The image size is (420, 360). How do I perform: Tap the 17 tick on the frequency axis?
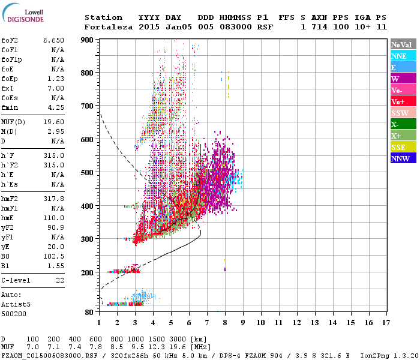pos(388,323)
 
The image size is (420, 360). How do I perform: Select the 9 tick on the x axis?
pos(243,323)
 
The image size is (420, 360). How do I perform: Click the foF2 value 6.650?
pos(53,40)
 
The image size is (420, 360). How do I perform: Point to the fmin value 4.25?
pos(55,107)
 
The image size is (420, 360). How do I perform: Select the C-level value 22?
pos(59,280)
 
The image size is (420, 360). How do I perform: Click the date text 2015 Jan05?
pos(158,27)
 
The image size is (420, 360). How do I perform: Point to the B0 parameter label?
pos(7,256)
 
